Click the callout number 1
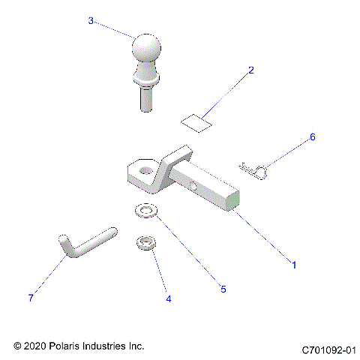(294, 265)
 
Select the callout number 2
(251, 70)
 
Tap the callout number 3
(91, 21)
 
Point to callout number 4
(168, 298)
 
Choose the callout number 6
(313, 137)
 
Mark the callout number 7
(31, 298)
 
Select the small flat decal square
(196, 122)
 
